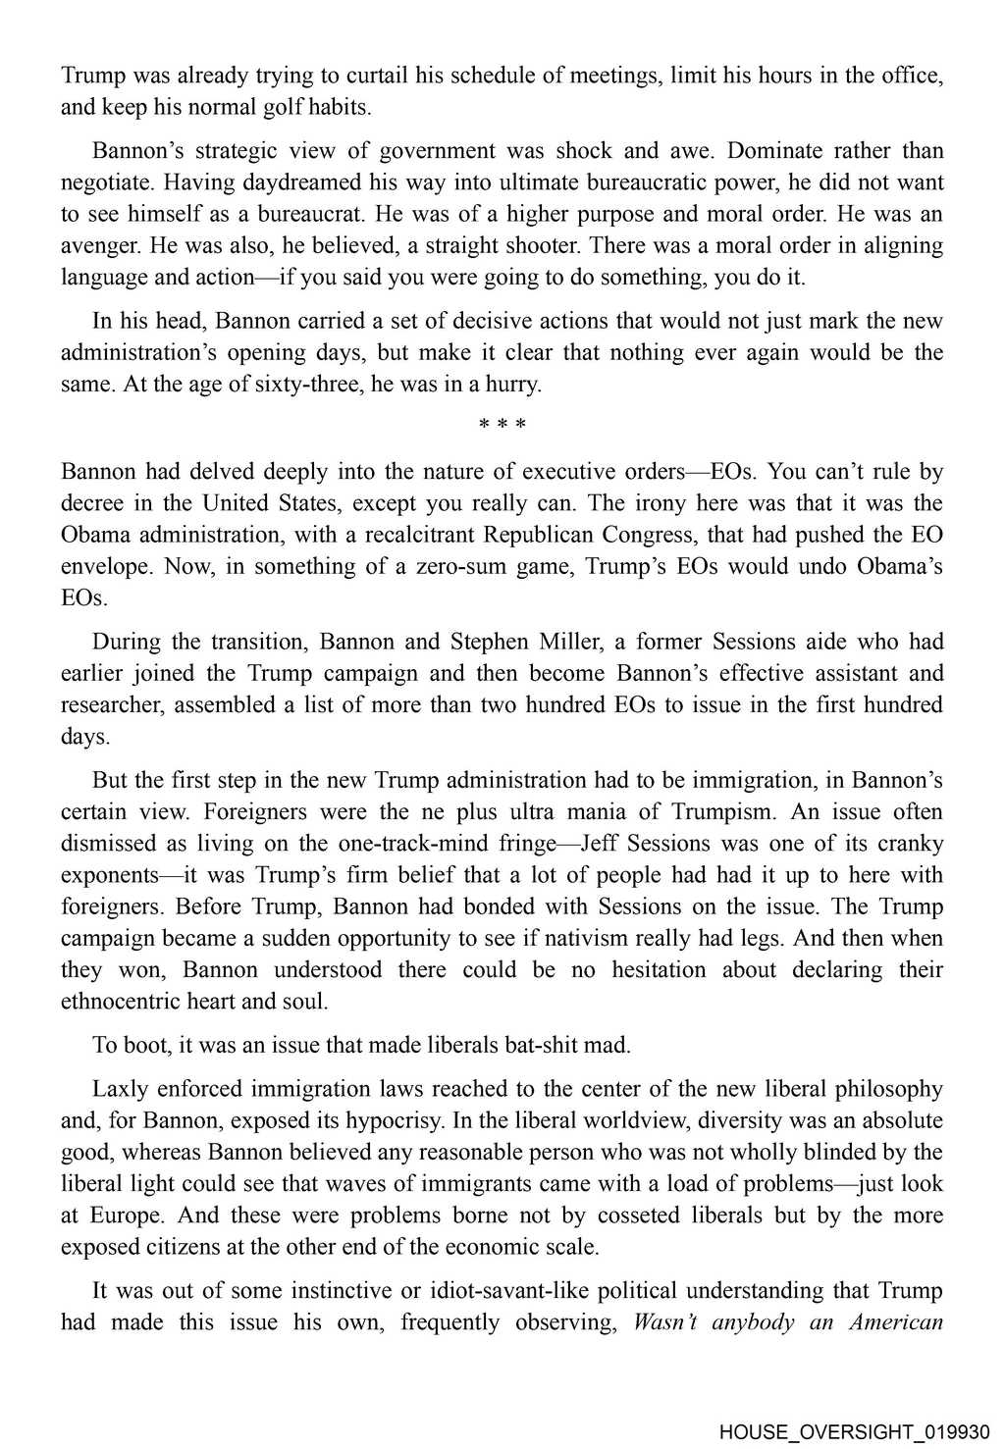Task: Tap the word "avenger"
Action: [97, 245]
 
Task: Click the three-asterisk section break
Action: [502, 425]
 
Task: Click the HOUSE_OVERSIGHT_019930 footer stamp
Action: [855, 1431]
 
